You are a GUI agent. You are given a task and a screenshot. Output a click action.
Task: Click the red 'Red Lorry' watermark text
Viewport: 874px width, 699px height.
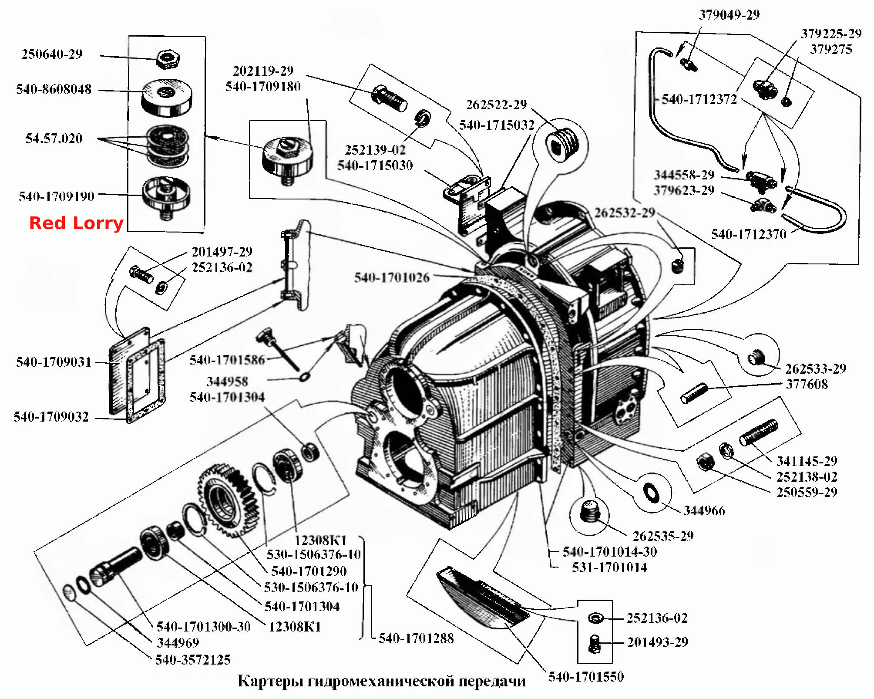[x=76, y=223]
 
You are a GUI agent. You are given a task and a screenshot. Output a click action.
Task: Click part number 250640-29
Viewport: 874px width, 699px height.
[x=52, y=54]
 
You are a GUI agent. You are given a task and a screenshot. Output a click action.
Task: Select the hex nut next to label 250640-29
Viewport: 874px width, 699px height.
[x=168, y=59]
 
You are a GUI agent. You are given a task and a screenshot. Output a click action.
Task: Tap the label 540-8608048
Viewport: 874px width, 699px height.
[x=54, y=89]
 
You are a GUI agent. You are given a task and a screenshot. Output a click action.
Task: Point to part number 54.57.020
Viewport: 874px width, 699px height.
[x=54, y=138]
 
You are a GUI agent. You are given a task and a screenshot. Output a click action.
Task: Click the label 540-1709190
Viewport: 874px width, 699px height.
[x=57, y=196]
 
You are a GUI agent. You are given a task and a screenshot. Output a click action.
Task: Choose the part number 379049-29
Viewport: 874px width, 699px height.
[x=729, y=15]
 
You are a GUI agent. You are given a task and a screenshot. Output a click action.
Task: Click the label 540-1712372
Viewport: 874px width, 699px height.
[x=699, y=99]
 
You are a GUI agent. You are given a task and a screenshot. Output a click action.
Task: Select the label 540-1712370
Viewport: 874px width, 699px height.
[x=749, y=234]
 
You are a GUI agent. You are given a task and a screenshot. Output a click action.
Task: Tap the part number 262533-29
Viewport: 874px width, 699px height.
[x=816, y=369]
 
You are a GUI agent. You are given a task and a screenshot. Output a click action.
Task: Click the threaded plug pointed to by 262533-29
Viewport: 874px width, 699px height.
[x=756, y=357]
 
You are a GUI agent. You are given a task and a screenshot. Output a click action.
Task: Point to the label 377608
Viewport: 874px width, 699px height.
[x=807, y=384]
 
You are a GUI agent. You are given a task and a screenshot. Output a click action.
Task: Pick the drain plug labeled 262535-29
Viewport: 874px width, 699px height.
[x=590, y=511]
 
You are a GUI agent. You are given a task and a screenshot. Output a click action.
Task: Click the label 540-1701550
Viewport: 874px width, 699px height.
[x=586, y=677]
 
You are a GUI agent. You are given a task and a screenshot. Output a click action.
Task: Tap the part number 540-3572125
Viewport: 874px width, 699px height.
[x=193, y=660]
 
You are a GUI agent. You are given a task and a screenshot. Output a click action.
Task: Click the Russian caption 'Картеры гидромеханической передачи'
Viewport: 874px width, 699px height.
[x=382, y=681]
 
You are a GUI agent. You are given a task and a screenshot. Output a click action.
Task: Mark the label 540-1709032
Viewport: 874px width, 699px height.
[x=51, y=417]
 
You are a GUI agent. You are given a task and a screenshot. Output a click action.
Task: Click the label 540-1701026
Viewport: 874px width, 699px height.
[x=392, y=277]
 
